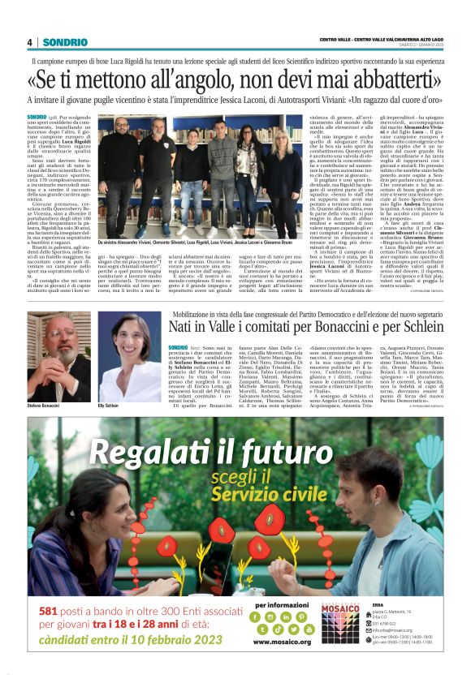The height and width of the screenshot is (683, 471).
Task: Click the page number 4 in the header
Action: click(29, 42)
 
